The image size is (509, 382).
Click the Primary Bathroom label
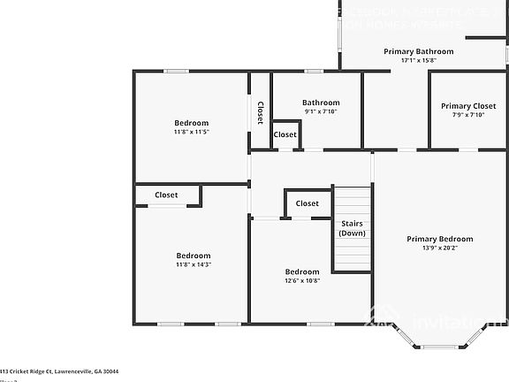[418, 51]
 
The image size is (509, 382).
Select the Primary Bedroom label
[439, 239]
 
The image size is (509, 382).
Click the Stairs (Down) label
[352, 228]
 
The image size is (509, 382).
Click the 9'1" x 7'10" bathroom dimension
[320, 111]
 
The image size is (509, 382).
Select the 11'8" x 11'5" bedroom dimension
[191, 132]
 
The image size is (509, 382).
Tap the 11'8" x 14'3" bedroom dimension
[193, 264]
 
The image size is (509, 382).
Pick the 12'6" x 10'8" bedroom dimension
[301, 280]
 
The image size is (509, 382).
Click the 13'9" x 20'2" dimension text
[439, 248]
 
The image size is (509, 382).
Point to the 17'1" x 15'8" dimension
[418, 61]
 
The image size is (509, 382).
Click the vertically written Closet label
[260, 112]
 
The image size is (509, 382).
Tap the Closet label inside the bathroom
[285, 134]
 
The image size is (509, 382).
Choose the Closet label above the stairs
[307, 203]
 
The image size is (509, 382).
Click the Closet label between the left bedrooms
[166, 195]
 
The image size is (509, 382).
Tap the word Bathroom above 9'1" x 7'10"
[320, 103]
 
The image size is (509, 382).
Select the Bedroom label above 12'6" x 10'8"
[301, 271]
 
